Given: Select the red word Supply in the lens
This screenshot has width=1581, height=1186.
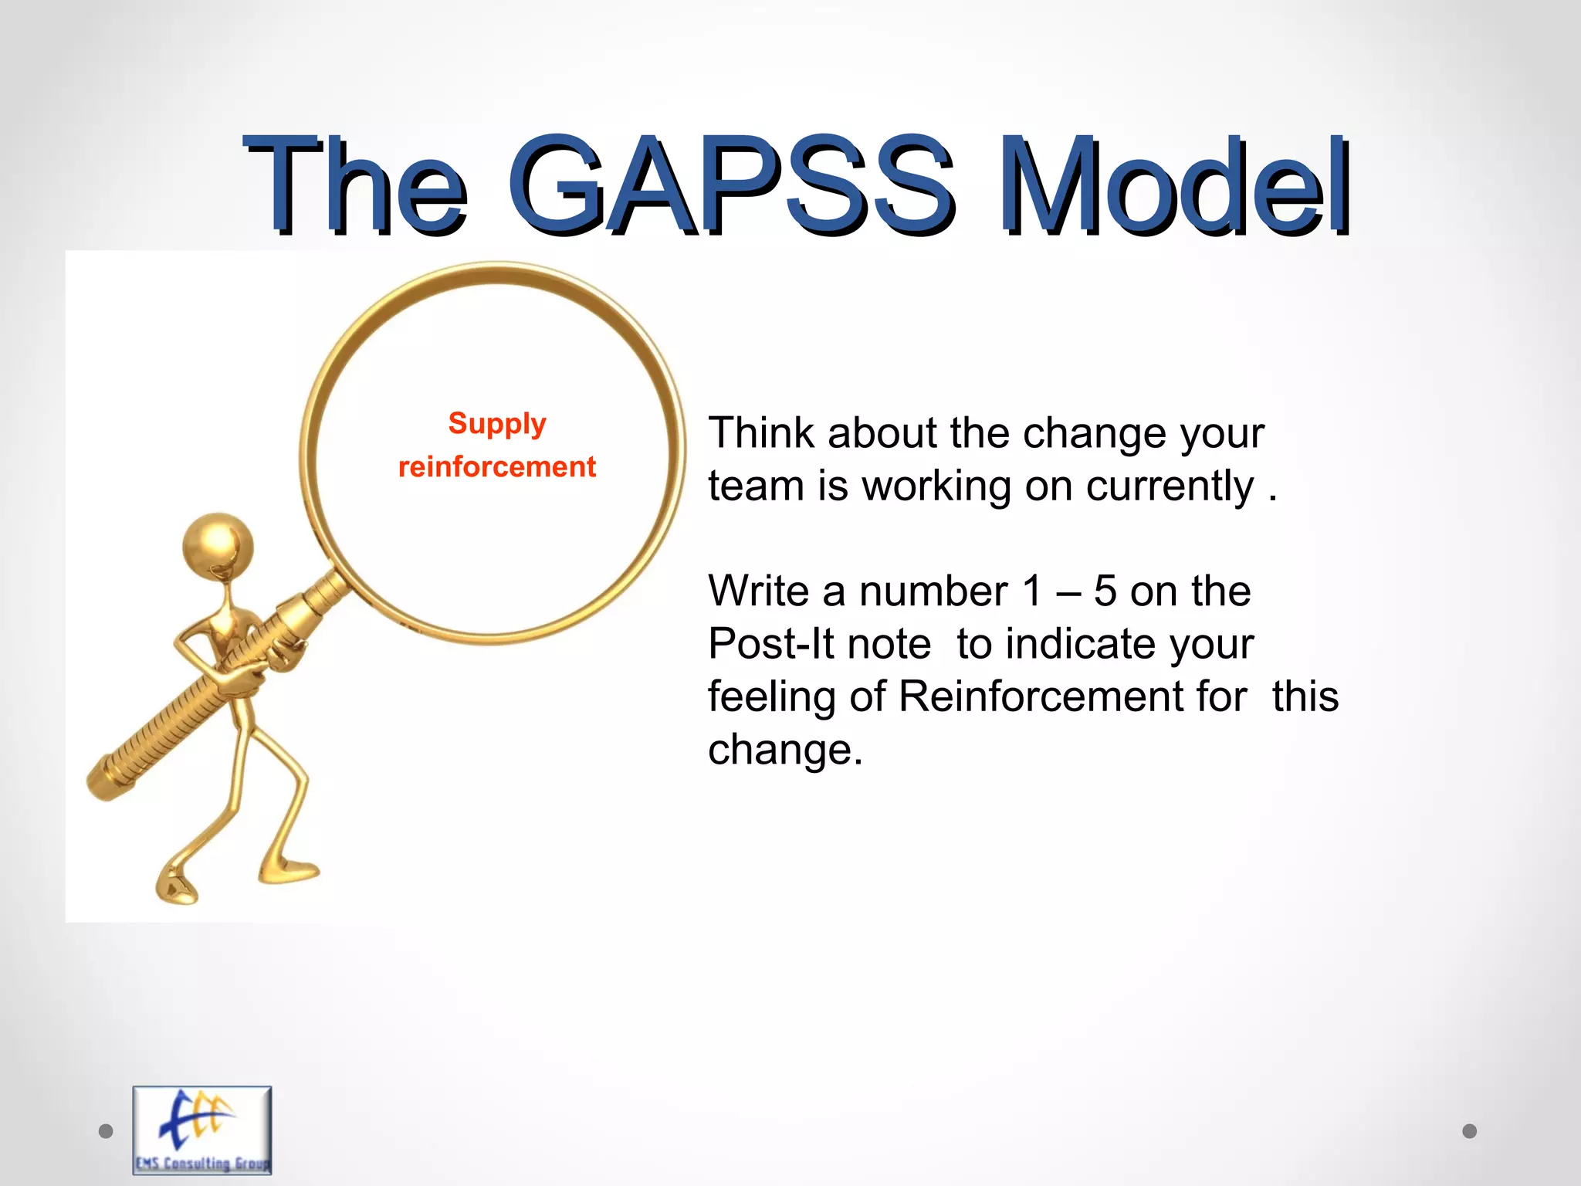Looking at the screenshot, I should coord(497,424).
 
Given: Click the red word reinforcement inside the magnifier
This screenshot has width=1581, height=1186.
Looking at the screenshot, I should coord(497,466).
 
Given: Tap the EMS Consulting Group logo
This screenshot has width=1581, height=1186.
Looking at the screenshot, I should coord(202,1129).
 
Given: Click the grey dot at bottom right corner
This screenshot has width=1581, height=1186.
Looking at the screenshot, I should coord(1469,1131).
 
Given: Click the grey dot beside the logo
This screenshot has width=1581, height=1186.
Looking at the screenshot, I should coord(106,1131).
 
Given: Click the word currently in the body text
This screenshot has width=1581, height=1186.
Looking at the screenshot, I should coord(1170,486).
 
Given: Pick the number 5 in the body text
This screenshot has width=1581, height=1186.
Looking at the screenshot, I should coord(1105,591).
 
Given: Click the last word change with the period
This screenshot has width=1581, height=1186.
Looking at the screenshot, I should coord(784,750).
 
